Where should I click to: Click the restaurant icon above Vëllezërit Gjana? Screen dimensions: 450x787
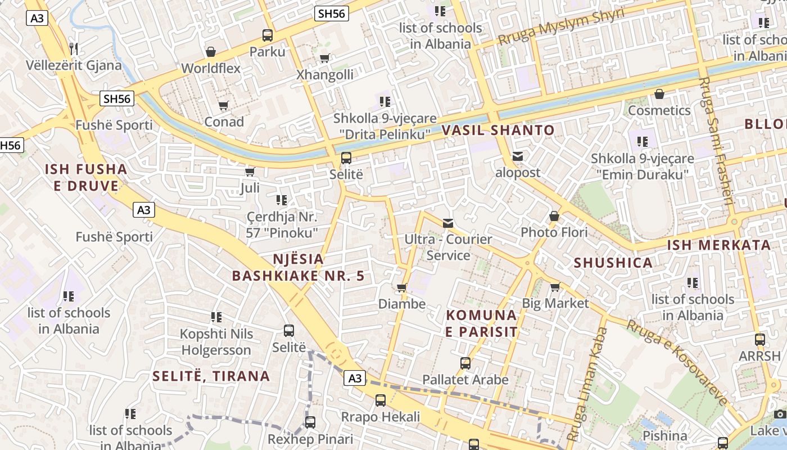tap(73, 48)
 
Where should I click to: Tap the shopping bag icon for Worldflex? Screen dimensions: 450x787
tap(211, 52)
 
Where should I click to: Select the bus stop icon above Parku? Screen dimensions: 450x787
tap(268, 35)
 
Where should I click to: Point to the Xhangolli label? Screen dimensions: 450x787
tap(325, 75)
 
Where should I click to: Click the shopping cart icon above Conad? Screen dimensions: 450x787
tap(224, 106)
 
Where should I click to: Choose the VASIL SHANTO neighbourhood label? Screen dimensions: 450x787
tap(498, 130)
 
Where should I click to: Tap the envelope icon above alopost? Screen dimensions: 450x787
tap(517, 156)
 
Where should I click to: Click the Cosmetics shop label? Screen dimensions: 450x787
tap(659, 110)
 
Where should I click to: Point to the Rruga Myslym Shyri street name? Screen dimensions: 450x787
tap(561, 27)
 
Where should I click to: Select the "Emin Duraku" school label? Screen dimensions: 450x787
tap(642, 167)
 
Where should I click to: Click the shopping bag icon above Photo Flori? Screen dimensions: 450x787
tap(554, 216)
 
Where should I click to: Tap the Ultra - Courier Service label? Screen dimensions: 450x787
tap(448, 247)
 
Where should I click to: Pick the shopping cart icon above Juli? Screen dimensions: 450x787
tap(250, 172)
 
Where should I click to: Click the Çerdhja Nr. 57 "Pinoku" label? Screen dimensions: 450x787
tap(282, 224)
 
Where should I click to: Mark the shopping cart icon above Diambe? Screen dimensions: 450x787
tap(401, 288)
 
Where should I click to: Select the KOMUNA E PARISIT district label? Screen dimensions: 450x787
tap(481, 323)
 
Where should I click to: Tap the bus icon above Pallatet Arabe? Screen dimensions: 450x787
tap(465, 363)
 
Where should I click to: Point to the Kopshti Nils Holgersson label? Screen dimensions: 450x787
tap(216, 342)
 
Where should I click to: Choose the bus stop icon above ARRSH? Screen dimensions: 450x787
tap(760, 340)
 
